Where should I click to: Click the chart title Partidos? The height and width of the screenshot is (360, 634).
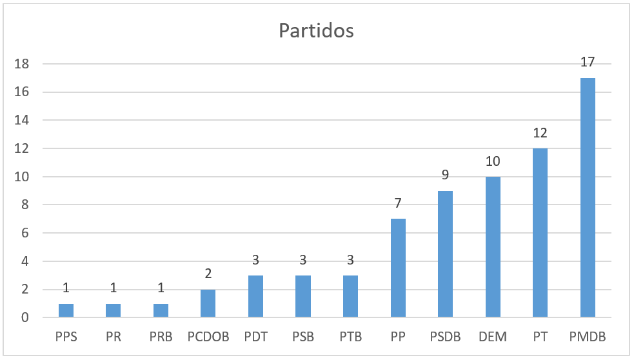coord(316,31)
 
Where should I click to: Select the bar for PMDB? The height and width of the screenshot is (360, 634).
coord(588,197)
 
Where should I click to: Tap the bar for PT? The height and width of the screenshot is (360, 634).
coord(540,233)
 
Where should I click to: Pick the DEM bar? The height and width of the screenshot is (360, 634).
coord(493,247)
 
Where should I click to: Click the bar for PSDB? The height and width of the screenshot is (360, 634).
coord(446,254)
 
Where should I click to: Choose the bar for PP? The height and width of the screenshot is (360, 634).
coord(398,268)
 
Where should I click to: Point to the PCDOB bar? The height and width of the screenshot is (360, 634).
coord(208,304)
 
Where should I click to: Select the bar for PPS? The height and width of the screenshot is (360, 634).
coord(66,311)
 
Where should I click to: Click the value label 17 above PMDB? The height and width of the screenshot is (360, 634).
coord(587,63)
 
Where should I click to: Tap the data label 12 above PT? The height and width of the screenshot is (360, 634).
coord(540,134)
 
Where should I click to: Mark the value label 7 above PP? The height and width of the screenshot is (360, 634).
coord(398,204)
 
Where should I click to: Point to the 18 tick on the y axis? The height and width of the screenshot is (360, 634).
coord(21,64)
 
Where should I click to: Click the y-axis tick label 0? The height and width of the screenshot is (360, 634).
coord(25,318)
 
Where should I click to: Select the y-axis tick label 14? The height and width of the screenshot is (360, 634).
coord(21,121)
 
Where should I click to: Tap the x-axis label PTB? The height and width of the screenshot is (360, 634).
coord(350,337)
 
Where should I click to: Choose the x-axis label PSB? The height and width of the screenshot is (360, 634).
coord(303,337)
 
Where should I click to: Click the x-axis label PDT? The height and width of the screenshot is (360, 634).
coord(255,337)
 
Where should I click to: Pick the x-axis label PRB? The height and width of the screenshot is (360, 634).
coord(161,337)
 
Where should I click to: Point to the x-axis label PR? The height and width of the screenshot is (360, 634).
coord(114,337)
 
